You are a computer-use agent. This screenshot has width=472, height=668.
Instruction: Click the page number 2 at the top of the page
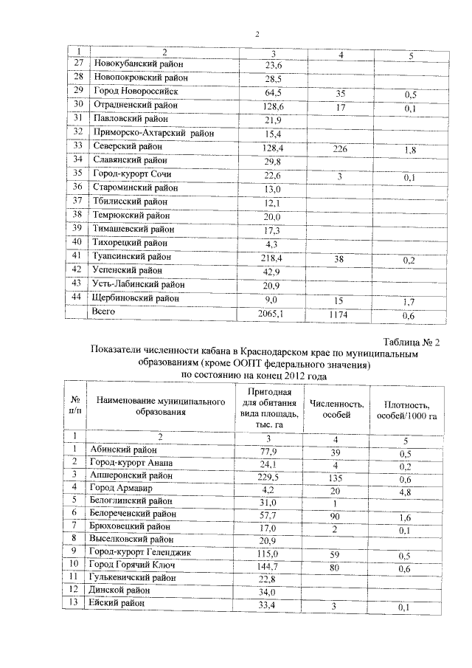click(x=257, y=34)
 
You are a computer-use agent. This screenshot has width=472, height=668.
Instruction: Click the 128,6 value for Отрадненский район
click(x=274, y=106)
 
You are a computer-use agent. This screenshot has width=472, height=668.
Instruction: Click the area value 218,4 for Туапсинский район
click(x=274, y=258)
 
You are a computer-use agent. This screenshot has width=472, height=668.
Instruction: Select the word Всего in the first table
click(x=103, y=311)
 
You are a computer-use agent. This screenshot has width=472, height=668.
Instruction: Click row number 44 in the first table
click(x=77, y=297)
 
